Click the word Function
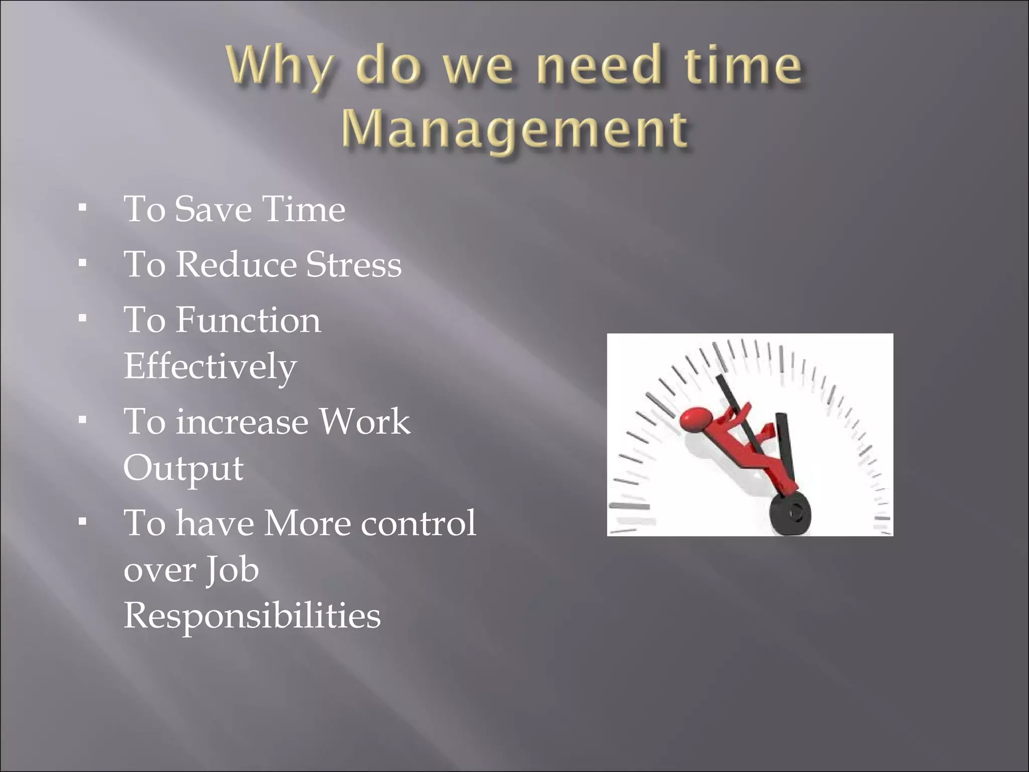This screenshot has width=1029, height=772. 248,320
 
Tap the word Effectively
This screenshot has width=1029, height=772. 210,367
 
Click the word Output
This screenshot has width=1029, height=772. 183,468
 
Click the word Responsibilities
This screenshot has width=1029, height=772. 252,616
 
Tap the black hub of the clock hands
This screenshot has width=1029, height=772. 790,514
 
